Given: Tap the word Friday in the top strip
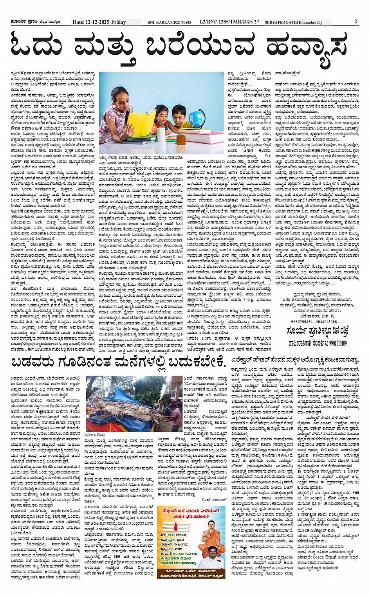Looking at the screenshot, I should tap(119, 22).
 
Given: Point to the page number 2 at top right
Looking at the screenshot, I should tap(356, 22).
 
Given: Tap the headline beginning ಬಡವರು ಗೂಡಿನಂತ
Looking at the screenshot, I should tap(119, 361).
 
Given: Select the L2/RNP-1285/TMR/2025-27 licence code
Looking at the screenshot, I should tap(229, 22).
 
